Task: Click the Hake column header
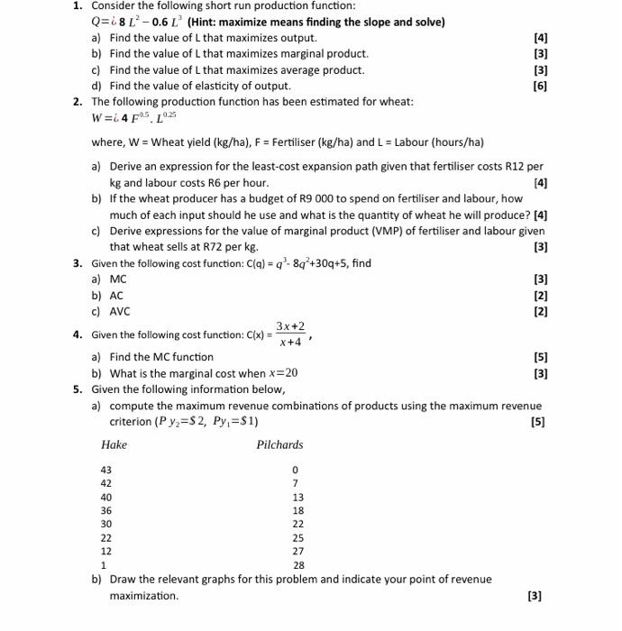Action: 114,444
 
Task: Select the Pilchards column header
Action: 279,444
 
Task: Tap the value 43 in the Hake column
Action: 106,471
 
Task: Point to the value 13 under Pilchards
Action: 298,498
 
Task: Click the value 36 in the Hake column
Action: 106,510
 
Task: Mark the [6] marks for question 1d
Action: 540,86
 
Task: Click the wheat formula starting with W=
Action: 134,118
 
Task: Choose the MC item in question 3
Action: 118,279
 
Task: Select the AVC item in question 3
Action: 120,312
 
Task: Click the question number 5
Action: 78,389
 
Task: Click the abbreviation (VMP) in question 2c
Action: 363,231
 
